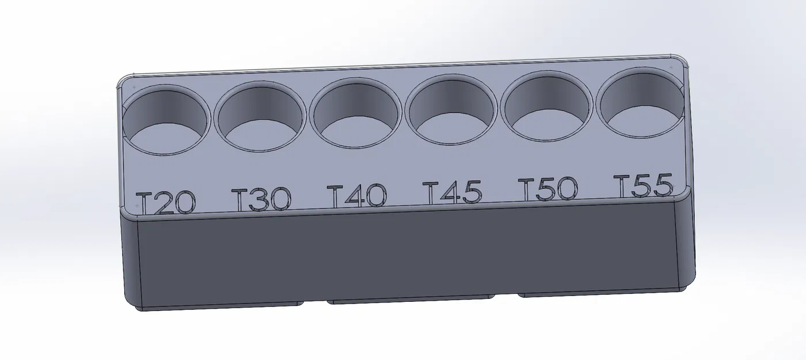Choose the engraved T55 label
coord(643,186)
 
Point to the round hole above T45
coord(451,111)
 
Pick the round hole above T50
coord(546,107)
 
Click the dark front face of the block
coord(403,253)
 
